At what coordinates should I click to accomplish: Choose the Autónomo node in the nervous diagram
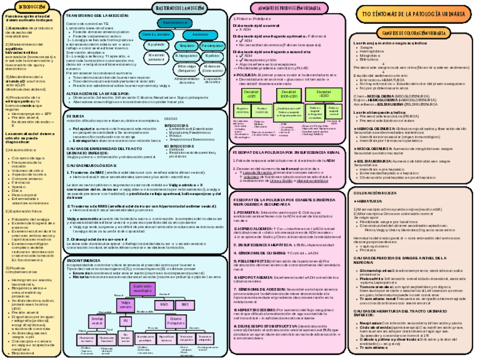(195, 35)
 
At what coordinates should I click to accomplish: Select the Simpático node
(184, 45)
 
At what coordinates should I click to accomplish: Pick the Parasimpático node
(212, 45)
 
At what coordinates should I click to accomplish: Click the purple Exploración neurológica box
(143, 289)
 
